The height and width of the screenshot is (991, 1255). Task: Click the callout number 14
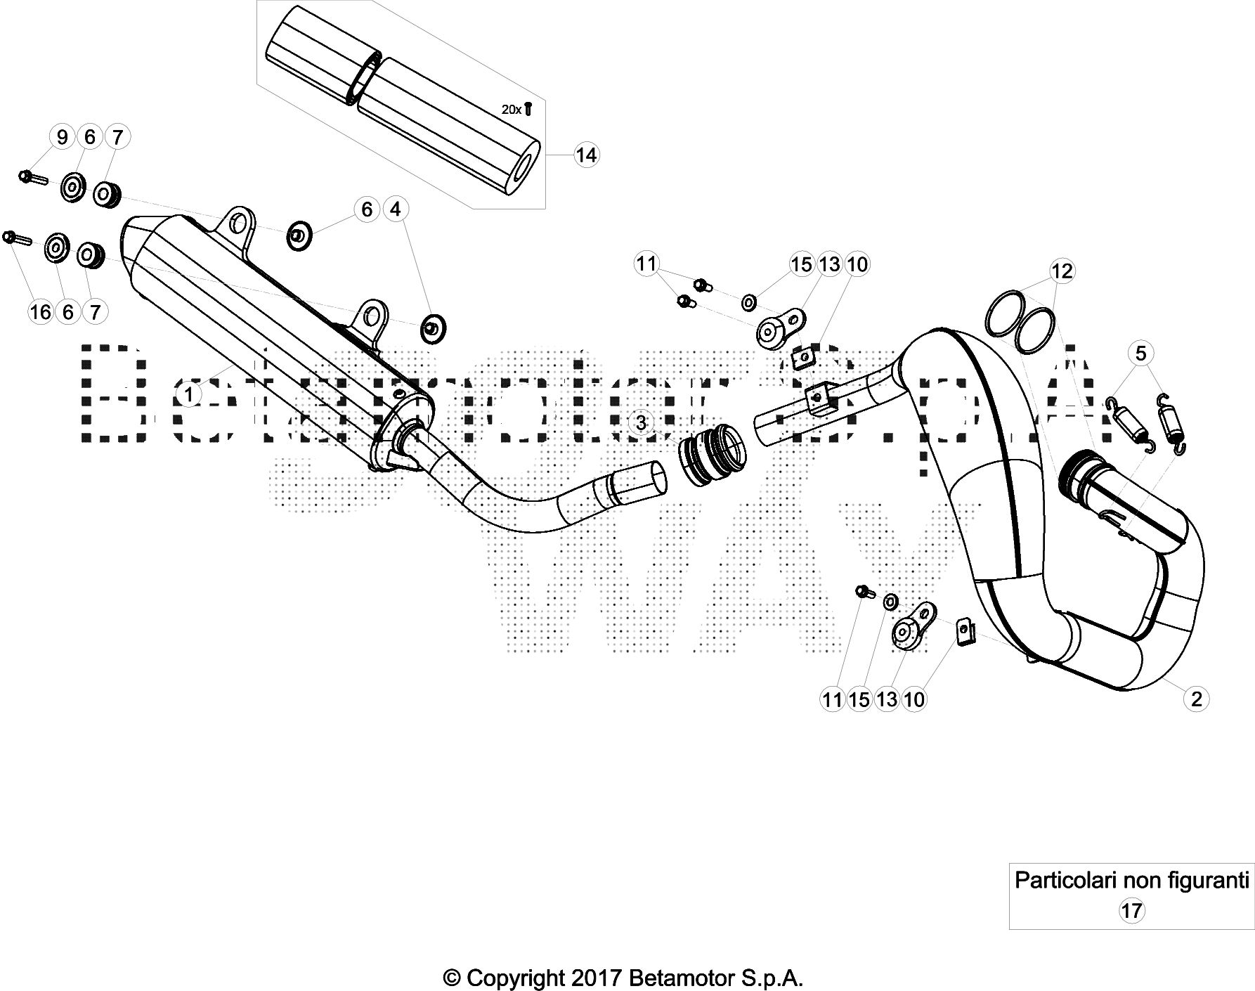[585, 155]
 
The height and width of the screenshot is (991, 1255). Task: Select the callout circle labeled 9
[63, 136]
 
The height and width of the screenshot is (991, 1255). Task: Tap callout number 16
[41, 311]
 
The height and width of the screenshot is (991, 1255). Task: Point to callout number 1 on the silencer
[188, 394]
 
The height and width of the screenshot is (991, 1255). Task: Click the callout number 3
[640, 422]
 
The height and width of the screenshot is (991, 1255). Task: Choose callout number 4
[395, 209]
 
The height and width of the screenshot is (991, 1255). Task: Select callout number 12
[1062, 271]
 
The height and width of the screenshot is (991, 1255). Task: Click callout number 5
[1140, 353]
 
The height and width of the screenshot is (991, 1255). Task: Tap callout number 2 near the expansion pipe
[1196, 698]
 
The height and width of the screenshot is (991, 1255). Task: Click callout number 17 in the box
[1131, 911]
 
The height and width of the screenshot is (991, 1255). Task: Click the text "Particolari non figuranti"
[1131, 880]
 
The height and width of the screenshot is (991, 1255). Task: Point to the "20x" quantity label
[512, 110]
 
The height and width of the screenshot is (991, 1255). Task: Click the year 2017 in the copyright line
[593, 978]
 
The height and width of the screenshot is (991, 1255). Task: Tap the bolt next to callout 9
[32, 176]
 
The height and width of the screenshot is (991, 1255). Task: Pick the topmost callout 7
[117, 136]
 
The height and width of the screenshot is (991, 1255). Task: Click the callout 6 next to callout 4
[367, 209]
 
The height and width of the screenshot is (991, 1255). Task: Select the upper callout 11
[646, 264]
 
